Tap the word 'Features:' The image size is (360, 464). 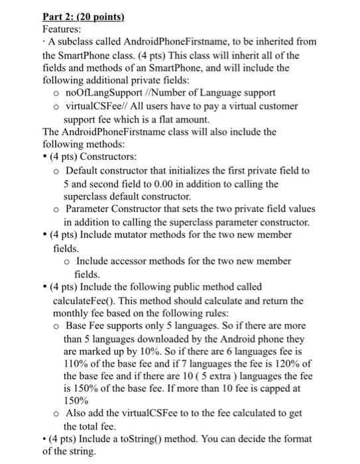62,30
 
